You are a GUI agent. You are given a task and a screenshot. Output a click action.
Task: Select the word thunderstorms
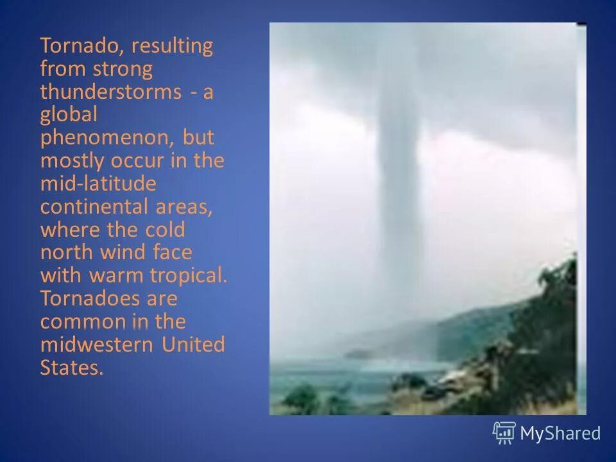[110, 92]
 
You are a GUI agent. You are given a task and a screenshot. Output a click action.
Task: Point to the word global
[69, 116]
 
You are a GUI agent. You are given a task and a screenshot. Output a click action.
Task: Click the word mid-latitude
[98, 184]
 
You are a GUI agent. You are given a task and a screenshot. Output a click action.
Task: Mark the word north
[65, 253]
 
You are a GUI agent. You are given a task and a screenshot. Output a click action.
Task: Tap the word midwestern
[96, 345]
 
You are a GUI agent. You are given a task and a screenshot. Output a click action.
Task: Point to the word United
[193, 345]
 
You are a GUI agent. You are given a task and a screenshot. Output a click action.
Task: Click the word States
[71, 368]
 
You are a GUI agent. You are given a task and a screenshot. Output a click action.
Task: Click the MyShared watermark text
[560, 434]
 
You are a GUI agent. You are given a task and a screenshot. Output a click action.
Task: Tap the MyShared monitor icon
[504, 433]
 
